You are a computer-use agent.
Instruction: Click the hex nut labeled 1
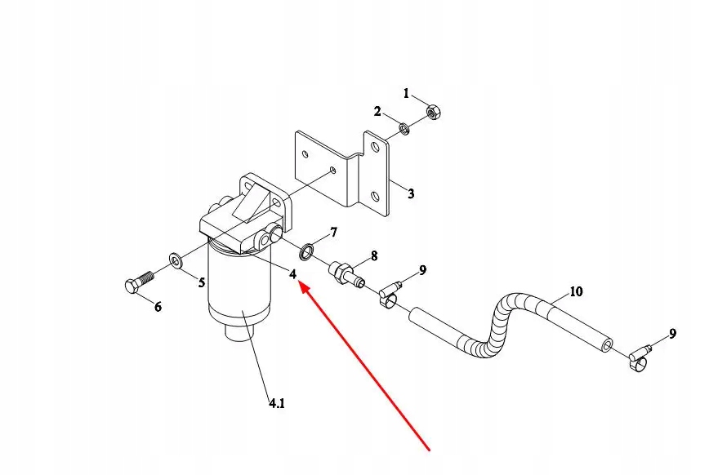pos(435,111)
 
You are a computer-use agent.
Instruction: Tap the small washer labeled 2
pos(404,128)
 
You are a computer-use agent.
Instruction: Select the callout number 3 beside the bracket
pos(411,194)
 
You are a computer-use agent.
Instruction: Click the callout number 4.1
pos(277,402)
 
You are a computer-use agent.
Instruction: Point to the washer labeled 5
pos(175,261)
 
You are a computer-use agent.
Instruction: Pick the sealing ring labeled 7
pos(307,249)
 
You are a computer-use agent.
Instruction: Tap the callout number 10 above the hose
pos(576,291)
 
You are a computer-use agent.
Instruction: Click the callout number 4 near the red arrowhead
pos(292,274)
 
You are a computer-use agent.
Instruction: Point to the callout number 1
pos(406,94)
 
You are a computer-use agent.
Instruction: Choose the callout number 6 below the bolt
pos(158,307)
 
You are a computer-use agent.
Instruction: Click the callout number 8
pos(374,255)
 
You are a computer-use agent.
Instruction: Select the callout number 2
pos(377,111)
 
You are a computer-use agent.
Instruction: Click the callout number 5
pos(200,283)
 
